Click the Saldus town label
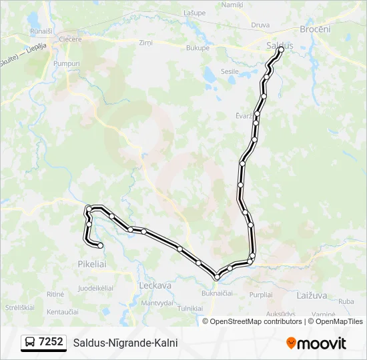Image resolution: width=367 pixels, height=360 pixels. (x=279, y=45)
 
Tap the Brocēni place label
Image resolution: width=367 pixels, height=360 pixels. (x=316, y=29)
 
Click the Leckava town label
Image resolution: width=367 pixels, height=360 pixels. (x=155, y=285)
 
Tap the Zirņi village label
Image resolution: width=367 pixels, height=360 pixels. (x=145, y=43)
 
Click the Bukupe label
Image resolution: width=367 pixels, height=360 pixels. (x=198, y=48)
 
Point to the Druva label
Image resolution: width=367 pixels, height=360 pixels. (x=260, y=25)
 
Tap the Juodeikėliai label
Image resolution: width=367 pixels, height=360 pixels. (x=95, y=288)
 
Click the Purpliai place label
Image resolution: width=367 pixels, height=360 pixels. (x=260, y=294)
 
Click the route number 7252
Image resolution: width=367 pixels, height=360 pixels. (x=51, y=342)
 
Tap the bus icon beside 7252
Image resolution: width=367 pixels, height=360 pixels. (x=30, y=343)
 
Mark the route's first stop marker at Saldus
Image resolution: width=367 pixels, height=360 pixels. (x=281, y=49)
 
